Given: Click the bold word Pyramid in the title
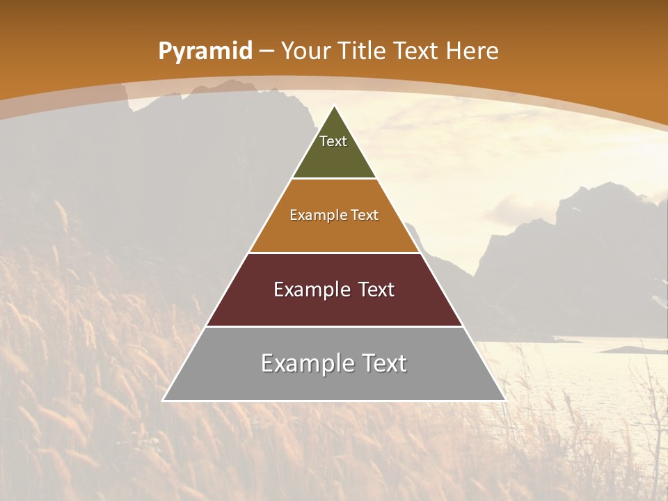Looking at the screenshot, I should [x=205, y=51].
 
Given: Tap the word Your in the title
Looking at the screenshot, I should [x=305, y=51].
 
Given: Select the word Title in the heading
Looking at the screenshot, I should [x=362, y=51].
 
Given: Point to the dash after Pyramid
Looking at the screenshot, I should [x=267, y=51].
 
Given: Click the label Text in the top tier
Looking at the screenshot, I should [x=333, y=141].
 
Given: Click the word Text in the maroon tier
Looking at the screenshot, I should [x=374, y=289].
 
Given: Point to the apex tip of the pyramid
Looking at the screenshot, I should [x=334, y=106].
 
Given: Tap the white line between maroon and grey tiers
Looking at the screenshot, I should [x=334, y=326].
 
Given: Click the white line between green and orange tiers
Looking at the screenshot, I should [x=334, y=179].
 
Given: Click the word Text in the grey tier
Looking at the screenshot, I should [x=381, y=363].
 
